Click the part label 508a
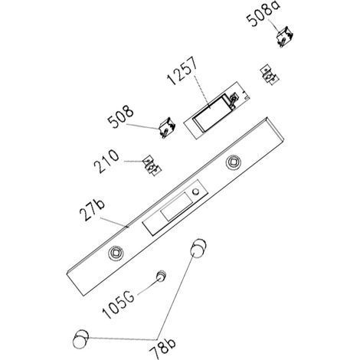pyautogui.click(x=263, y=13)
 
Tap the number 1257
pyautogui.click(x=182, y=71)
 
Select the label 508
pyautogui.click(x=121, y=117)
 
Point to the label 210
pyautogui.click(x=106, y=161)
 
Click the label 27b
pyautogui.click(x=92, y=211)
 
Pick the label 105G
pyautogui.click(x=119, y=305)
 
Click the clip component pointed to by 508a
pyautogui.click(x=285, y=37)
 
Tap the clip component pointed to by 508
pyautogui.click(x=167, y=127)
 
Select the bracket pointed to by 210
pyautogui.click(x=152, y=165)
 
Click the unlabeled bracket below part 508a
pyautogui.click(x=269, y=74)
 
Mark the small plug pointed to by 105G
pyautogui.click(x=162, y=276)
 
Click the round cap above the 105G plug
pyautogui.click(x=198, y=248)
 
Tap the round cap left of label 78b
pyautogui.click(x=80, y=339)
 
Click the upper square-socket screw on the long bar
pyautogui.click(x=233, y=162)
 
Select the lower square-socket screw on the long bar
pyautogui.click(x=116, y=253)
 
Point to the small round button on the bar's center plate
pyautogui.click(x=196, y=191)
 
